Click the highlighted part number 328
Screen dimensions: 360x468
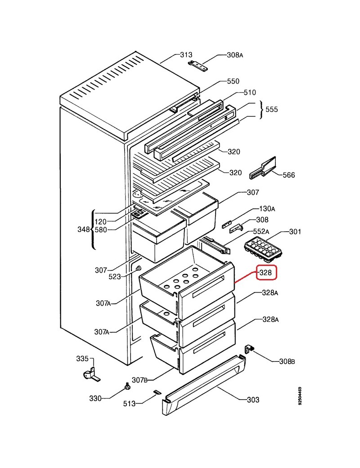click(x=265, y=273)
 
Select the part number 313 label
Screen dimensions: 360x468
click(x=186, y=54)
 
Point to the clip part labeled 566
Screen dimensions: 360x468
click(x=262, y=168)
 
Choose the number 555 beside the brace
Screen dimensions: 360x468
click(x=271, y=109)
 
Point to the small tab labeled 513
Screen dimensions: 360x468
click(x=157, y=392)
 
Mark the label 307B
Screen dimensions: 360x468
click(x=139, y=380)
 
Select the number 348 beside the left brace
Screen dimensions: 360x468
click(x=84, y=229)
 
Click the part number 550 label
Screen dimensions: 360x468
click(x=233, y=81)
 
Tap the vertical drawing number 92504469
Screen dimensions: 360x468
click(x=300, y=396)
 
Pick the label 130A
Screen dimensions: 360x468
click(x=267, y=209)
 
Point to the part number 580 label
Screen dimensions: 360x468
click(x=101, y=230)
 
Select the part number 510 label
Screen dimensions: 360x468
click(x=250, y=93)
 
